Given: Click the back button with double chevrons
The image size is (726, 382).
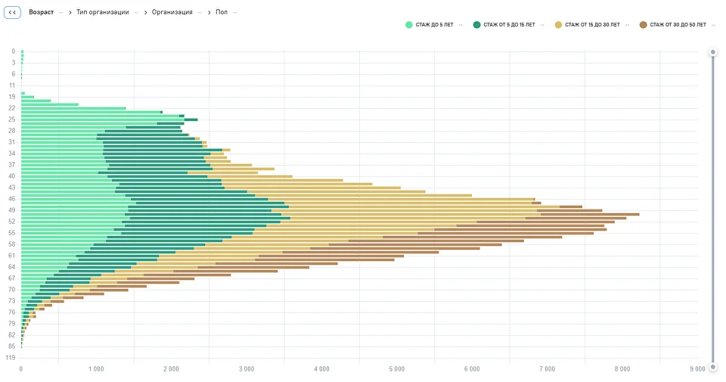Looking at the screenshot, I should pyautogui.click(x=12, y=13).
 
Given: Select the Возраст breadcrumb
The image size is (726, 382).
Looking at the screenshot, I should pyautogui.click(x=41, y=13).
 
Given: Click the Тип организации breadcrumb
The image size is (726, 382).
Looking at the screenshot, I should pyautogui.click(x=102, y=13).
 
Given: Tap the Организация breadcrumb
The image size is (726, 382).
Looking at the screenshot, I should pyautogui.click(x=172, y=13).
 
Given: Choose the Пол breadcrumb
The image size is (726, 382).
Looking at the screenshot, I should pyautogui.click(x=222, y=13).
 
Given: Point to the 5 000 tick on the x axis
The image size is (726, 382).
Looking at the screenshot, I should pyautogui.click(x=397, y=369).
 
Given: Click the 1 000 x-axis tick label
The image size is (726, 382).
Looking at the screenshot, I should pyautogui.click(x=96, y=369).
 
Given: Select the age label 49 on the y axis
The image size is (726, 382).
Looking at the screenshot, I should pyautogui.click(x=12, y=210).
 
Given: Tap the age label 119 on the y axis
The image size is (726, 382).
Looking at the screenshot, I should pyautogui.click(x=11, y=357).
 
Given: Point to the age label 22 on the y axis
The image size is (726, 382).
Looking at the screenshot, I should pyautogui.click(x=12, y=108).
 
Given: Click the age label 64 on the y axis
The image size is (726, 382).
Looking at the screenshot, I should pyautogui.click(x=12, y=267).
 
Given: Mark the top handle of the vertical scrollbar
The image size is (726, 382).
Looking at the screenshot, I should pyautogui.click(x=712, y=52).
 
